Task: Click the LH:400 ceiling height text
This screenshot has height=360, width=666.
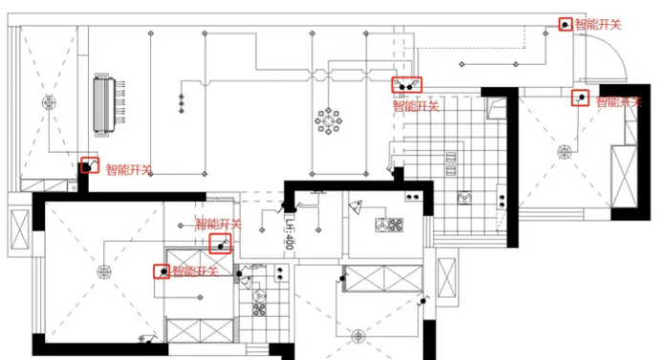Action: (x=290, y=234)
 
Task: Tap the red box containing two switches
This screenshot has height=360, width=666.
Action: (x=406, y=84)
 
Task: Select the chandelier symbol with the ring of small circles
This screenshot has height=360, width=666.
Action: (x=329, y=121)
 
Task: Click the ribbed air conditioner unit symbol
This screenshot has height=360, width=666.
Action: (x=104, y=105)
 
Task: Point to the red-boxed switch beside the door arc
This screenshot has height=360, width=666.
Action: (x=565, y=24)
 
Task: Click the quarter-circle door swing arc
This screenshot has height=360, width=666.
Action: (x=619, y=50)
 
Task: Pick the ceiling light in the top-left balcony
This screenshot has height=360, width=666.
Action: (x=49, y=103)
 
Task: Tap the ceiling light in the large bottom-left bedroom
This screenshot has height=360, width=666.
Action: (x=104, y=272)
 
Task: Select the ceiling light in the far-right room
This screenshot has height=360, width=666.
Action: (x=564, y=152)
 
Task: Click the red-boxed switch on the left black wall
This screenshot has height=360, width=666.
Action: (x=90, y=165)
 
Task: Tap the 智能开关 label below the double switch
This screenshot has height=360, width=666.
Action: (x=416, y=106)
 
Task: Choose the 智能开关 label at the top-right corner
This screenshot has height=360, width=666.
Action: (x=598, y=24)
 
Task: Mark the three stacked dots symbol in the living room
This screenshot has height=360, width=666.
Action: (x=182, y=103)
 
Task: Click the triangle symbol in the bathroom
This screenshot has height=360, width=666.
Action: (x=356, y=207)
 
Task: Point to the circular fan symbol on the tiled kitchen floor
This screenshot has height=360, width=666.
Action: (x=463, y=198)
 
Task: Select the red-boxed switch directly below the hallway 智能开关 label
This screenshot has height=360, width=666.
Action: (x=221, y=244)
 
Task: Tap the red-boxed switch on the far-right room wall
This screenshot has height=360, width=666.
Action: (x=580, y=97)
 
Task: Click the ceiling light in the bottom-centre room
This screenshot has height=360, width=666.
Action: (x=358, y=337)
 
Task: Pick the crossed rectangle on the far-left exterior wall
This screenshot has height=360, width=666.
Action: (x=19, y=230)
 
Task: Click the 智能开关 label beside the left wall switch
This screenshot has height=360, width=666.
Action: (x=129, y=170)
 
